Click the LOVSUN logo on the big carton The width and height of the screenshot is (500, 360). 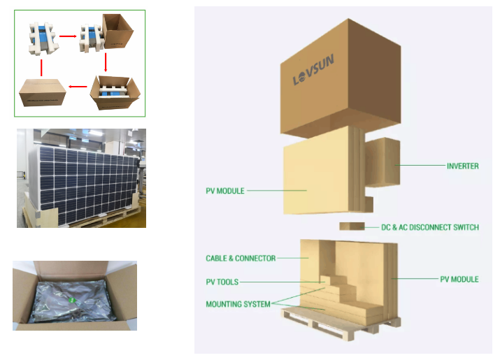313,69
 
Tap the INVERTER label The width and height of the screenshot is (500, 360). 462,166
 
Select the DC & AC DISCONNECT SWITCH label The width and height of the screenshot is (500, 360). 430,227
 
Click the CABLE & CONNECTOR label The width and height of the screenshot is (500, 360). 241,258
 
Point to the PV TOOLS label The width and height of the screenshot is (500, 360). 222,282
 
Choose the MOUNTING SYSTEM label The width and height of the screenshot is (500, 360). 238,304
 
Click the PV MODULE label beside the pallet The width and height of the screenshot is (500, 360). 459,280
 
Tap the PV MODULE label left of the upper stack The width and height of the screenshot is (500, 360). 225,191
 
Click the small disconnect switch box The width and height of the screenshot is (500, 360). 352,226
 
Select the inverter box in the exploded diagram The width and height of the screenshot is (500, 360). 383,162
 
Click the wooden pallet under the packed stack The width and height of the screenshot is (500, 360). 341,324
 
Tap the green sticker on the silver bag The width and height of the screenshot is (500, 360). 72,300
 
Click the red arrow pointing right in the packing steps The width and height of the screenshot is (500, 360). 68,36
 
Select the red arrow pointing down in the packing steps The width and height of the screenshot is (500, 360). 106,62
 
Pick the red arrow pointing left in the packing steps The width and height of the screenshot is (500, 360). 78,87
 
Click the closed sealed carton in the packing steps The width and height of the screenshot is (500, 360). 43,92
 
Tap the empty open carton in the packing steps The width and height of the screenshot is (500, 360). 117,31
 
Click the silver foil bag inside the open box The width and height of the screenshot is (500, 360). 72,301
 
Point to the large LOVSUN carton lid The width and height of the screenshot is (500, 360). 341,78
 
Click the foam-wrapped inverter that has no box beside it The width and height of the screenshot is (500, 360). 43,38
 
